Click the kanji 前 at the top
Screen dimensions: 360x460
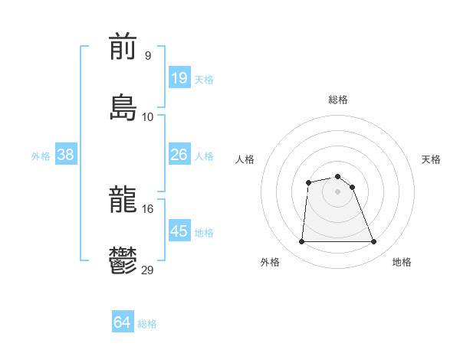123,47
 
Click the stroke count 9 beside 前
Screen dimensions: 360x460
148,55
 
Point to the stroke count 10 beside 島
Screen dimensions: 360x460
148,116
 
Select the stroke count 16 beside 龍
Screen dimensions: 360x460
148,208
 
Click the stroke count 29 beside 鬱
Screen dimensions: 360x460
148,270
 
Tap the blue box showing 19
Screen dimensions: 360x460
179,77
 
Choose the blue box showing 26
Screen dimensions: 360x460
179,155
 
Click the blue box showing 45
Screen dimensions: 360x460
179,231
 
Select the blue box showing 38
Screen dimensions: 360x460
66,155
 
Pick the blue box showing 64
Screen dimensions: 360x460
122,323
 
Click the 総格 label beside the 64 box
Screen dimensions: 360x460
147,324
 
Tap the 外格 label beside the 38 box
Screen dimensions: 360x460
41,155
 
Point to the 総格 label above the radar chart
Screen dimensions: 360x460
338,100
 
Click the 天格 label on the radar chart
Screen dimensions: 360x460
431,159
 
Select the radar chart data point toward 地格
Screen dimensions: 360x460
374,242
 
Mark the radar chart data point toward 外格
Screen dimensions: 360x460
301,242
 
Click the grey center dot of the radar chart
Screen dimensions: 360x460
338,191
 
